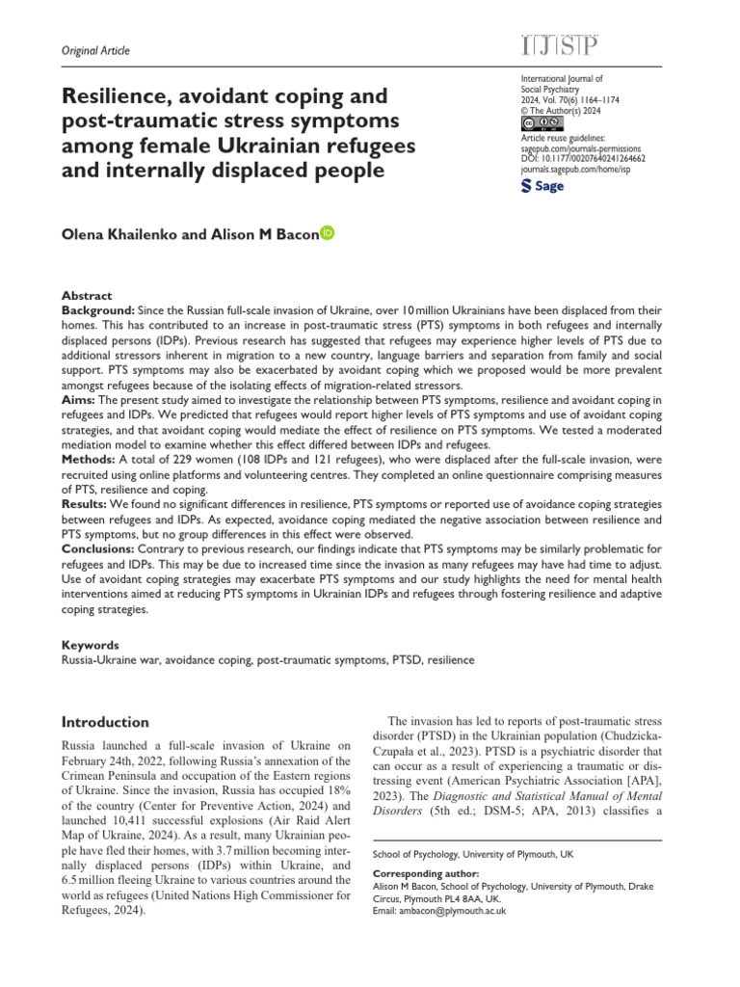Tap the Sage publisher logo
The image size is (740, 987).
pyautogui.click(x=542, y=186)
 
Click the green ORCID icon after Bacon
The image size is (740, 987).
pyautogui.click(x=327, y=231)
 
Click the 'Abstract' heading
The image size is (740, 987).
pyautogui.click(x=87, y=296)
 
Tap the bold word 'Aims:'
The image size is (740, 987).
pyautogui.click(x=77, y=399)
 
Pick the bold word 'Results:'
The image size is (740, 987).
pyautogui.click(x=85, y=505)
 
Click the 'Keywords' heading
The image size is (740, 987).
pyautogui.click(x=91, y=645)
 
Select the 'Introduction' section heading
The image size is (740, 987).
pyautogui.click(x=105, y=721)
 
